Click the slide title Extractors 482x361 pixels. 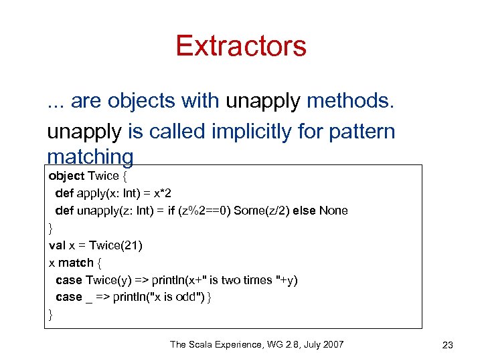point(241,45)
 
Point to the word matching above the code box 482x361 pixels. point(90,157)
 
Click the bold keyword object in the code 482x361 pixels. point(67,176)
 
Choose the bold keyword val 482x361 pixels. point(57,245)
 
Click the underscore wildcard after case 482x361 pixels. point(89,299)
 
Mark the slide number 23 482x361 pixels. point(448,345)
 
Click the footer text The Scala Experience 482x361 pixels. point(214,344)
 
